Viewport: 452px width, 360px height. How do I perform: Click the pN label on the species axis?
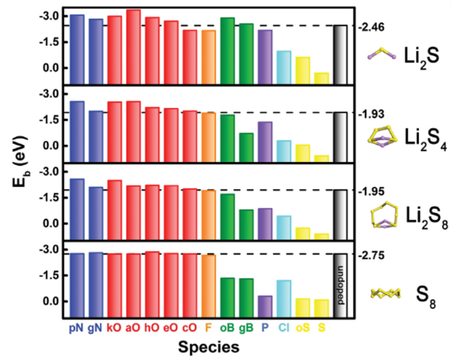coord(75,327)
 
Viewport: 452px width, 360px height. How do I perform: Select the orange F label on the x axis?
coord(208,327)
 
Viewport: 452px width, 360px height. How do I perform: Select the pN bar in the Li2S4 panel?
coord(76,124)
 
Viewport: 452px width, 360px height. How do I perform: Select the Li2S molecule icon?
coord(381,53)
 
